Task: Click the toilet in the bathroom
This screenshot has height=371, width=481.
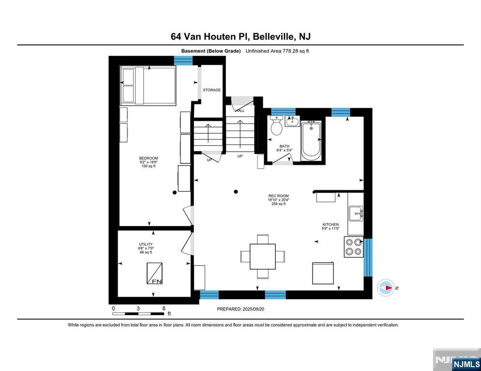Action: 277,127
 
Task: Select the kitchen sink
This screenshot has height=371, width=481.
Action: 356,213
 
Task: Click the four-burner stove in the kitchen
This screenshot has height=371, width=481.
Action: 354,247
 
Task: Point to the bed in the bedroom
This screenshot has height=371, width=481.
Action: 148,86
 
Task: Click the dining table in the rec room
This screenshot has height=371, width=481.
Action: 263,256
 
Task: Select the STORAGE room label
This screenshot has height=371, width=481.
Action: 211,90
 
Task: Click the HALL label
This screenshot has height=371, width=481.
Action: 240,111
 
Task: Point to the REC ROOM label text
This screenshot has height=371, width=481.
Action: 278,196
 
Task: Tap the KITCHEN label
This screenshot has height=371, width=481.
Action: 331,224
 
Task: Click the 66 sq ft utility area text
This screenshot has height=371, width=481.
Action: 146,252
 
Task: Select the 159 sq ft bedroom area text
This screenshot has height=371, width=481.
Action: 149,166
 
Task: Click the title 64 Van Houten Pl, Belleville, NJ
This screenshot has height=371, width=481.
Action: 240,36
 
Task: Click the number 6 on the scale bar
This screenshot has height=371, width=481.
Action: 164,308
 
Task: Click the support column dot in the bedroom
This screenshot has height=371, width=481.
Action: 175,192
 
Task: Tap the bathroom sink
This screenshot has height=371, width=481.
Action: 292,121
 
